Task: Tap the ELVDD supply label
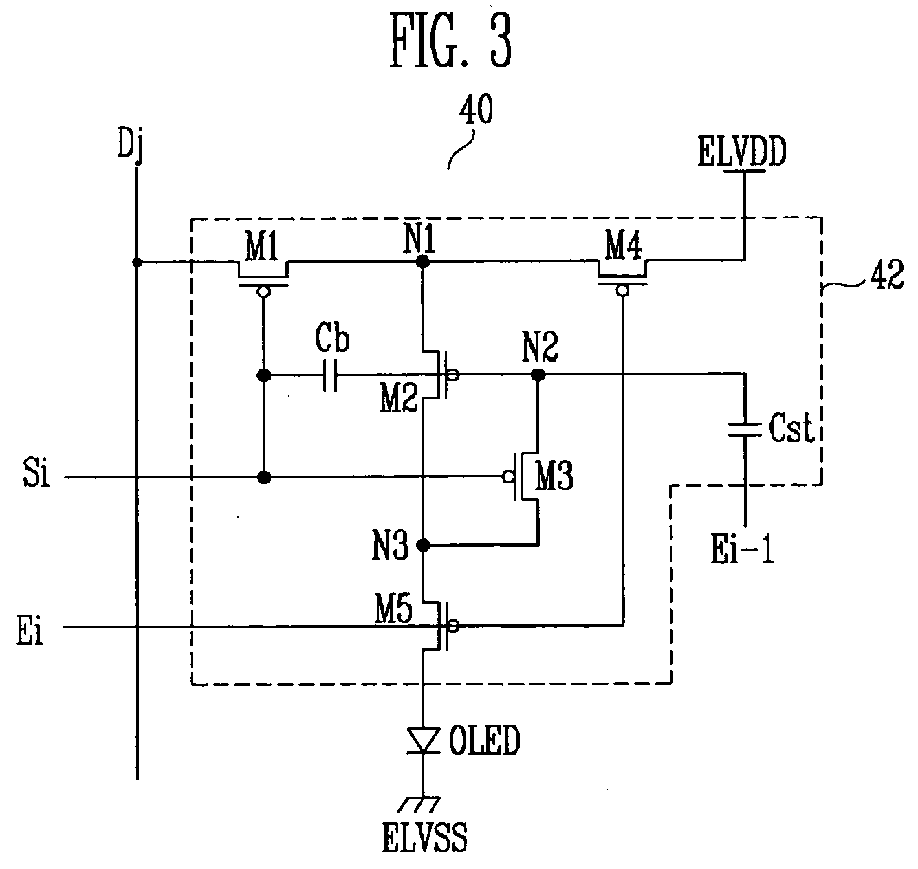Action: [x=742, y=151]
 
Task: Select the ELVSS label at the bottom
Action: [x=424, y=837]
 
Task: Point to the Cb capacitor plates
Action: [x=329, y=375]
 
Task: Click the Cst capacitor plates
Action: [x=745, y=430]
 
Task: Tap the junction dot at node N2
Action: [x=538, y=375]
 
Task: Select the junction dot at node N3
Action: [x=423, y=544]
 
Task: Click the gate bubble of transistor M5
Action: [x=453, y=626]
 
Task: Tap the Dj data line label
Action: [x=130, y=144]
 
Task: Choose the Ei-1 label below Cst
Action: [x=742, y=549]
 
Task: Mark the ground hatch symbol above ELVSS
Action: [x=419, y=804]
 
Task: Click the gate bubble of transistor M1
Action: [x=263, y=292]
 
